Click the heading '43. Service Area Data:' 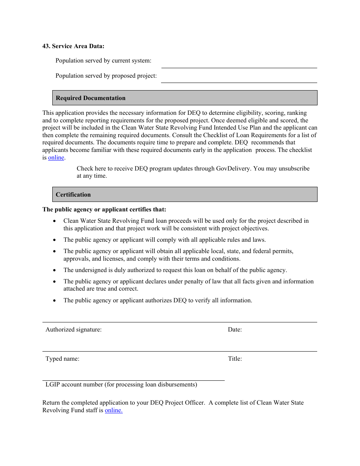tap(73, 46)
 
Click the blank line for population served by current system tap(239, 64)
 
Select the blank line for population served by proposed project tap(239, 79)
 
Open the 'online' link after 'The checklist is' tap(56, 158)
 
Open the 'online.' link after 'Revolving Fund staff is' tap(114, 410)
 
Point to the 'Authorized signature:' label tap(74, 330)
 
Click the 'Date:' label tap(235, 330)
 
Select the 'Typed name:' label tap(63, 359)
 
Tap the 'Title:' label tap(235, 359)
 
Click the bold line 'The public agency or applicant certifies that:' tap(104, 210)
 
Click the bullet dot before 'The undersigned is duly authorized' tap(55, 271)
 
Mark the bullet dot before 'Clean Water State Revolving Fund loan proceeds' tap(55, 221)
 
